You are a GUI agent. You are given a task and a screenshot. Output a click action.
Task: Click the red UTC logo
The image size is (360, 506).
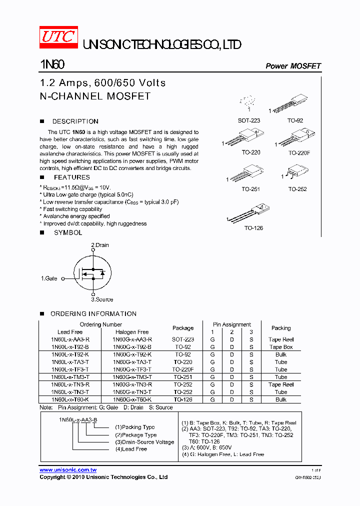coord(58,37)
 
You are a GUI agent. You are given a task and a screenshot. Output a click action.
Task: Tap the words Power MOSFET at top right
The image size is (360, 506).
coord(292,66)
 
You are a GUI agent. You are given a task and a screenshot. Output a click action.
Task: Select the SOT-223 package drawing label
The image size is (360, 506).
coord(248,120)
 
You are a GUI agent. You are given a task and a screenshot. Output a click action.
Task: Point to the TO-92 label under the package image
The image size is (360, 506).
coord(295,120)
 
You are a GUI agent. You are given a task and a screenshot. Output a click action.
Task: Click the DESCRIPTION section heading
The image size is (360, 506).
coord(75,121)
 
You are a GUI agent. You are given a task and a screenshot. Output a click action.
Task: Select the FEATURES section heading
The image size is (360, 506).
coord(71,177)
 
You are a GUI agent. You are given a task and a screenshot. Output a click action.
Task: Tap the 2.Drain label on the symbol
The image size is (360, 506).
coord(99,245)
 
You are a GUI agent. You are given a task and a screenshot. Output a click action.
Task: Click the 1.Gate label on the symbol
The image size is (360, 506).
coord(49,278)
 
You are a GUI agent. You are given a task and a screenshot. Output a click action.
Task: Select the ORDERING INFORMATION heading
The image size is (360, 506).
coord(93,313)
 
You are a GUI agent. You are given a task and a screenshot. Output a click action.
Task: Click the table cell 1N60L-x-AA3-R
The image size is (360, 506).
coord(70,339)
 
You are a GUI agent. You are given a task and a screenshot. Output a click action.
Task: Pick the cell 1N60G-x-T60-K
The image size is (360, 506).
coord(132,399)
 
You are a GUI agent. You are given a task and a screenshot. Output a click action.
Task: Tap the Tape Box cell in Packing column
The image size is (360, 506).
coord(281,346)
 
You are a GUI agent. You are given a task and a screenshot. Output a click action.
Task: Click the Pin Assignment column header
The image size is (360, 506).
coord(232,324)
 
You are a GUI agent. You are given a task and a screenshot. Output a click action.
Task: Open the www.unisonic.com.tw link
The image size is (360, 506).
coord(68,470)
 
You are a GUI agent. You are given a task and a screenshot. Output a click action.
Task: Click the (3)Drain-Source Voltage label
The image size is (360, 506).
coord(144,442)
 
